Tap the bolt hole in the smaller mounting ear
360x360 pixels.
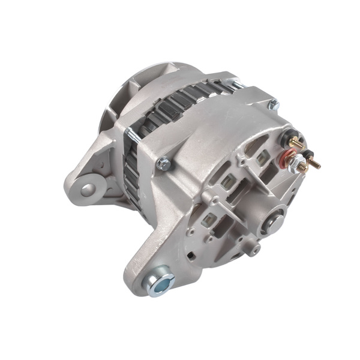pos(88,190)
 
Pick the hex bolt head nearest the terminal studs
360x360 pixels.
pos(274,104)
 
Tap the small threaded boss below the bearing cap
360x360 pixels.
pos(254,248)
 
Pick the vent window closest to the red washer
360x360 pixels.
pos(262,158)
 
